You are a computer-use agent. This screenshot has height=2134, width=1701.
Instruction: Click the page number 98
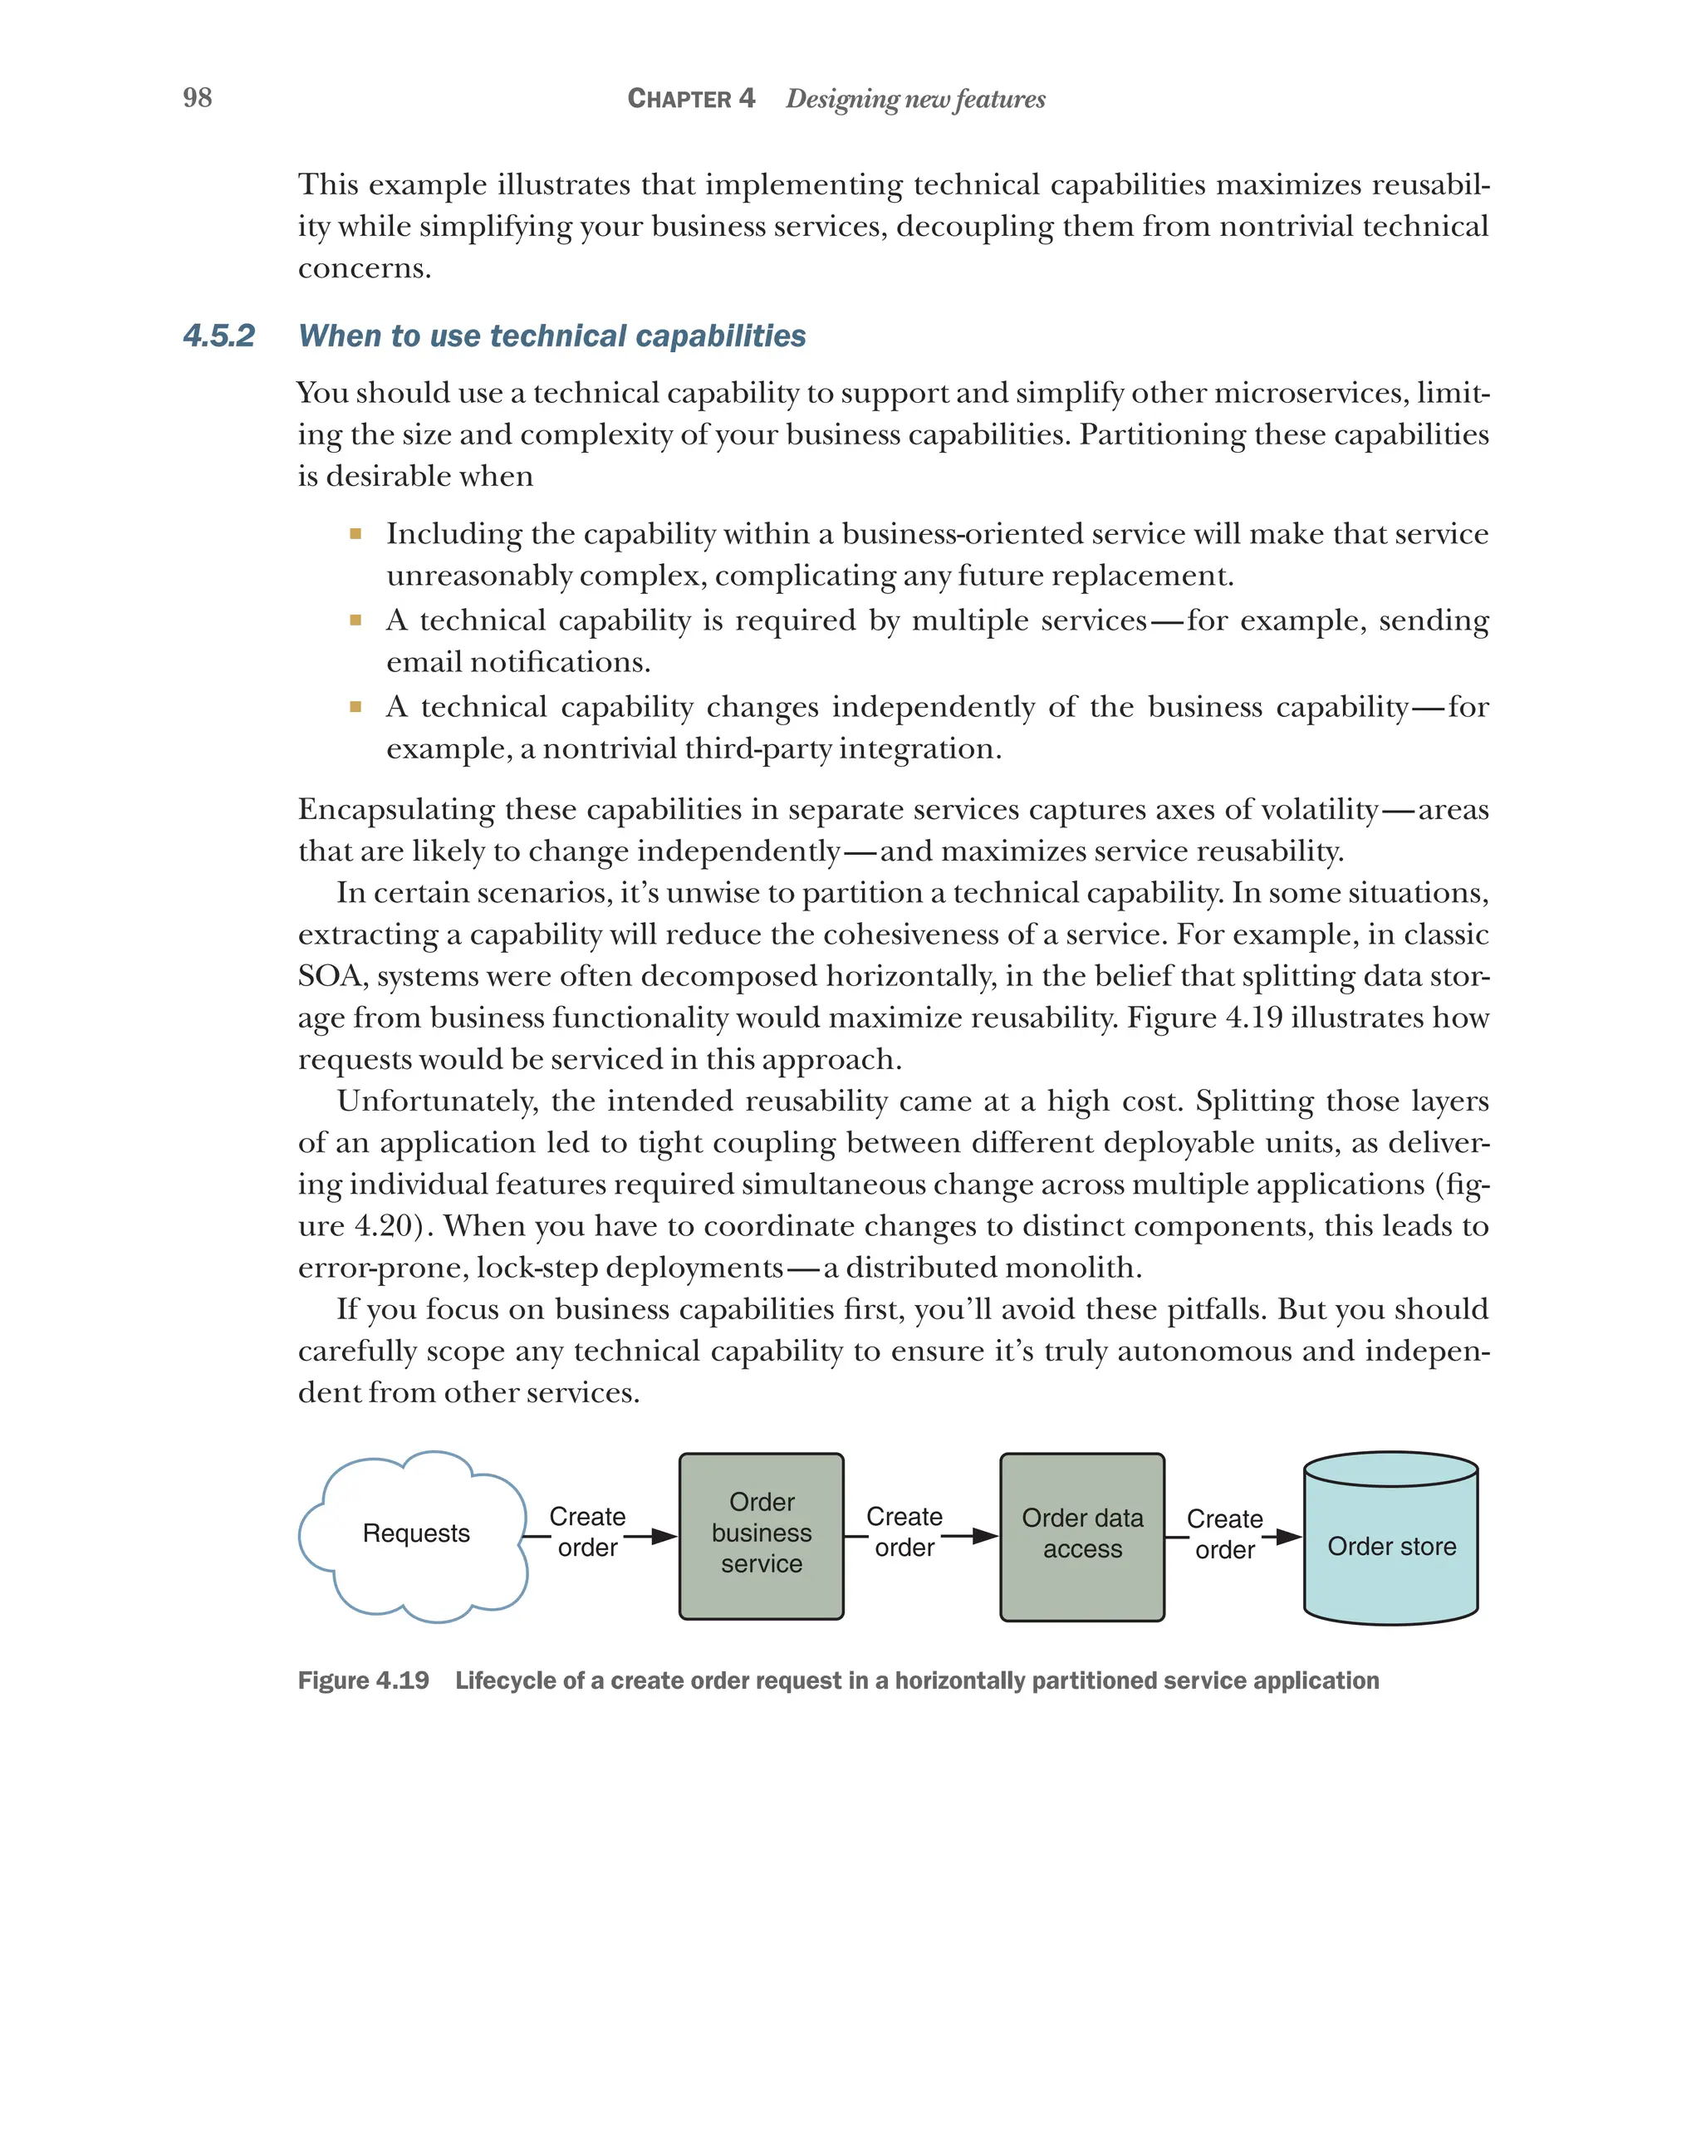(197, 98)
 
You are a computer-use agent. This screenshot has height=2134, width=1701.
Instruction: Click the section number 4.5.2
(218, 336)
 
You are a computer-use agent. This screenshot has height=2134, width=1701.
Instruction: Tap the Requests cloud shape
(415, 1533)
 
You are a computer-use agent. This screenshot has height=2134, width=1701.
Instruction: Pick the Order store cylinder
(1390, 1545)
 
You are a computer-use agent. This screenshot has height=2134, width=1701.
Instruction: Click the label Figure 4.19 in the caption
(363, 1680)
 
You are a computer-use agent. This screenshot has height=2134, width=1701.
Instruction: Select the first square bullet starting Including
(355, 534)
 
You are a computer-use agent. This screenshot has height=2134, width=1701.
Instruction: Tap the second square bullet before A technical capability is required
(355, 621)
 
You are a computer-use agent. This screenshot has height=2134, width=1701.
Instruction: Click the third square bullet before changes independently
(355, 707)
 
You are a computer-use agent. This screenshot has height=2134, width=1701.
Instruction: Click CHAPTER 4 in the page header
(691, 99)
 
